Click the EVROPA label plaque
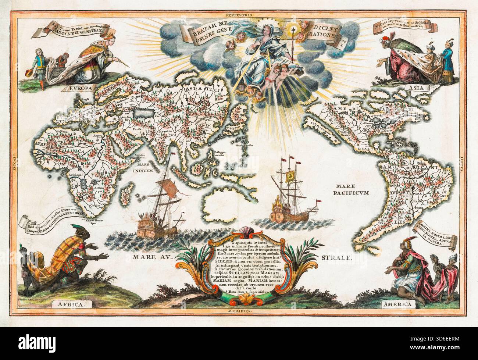click(80, 88)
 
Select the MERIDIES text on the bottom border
click(239, 311)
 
